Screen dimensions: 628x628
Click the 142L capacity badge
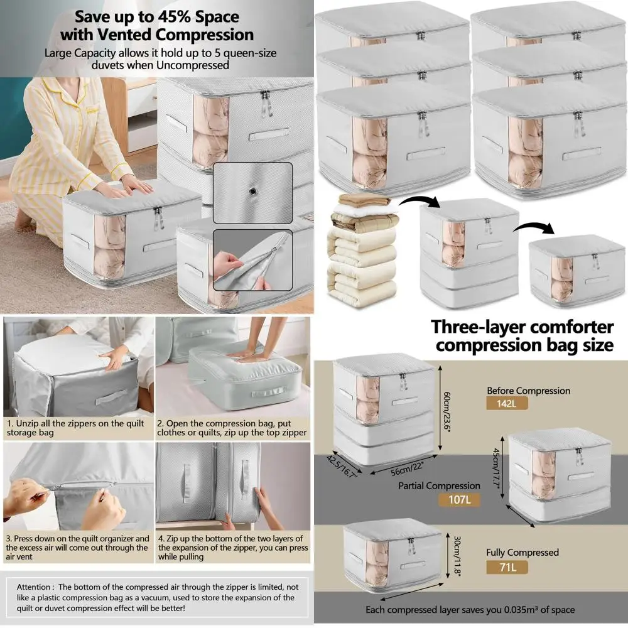pos(506,403)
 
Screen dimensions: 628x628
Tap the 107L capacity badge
pos(457,500)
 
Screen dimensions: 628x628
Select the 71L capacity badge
pos(506,568)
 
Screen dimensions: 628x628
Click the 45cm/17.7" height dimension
pos(495,463)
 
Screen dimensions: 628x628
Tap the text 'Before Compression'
pos(528,391)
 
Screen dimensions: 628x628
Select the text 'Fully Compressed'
pos(522,553)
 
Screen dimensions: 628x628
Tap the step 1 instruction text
pos(76,428)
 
